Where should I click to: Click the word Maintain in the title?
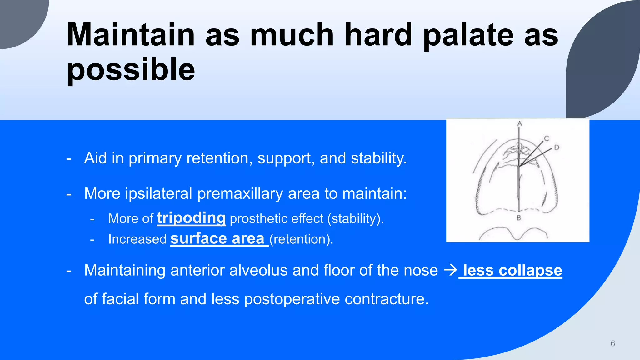pos(131,35)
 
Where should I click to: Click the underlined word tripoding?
pos(191,218)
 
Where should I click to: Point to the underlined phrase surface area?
pos(217,239)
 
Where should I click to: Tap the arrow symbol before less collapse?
pos(451,270)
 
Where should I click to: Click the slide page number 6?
pos(612,343)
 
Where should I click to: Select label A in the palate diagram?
pos(520,123)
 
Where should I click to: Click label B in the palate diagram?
pos(519,218)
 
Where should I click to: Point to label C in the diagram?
pos(546,138)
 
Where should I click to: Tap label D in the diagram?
pos(557,147)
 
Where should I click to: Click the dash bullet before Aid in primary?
pos(69,158)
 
